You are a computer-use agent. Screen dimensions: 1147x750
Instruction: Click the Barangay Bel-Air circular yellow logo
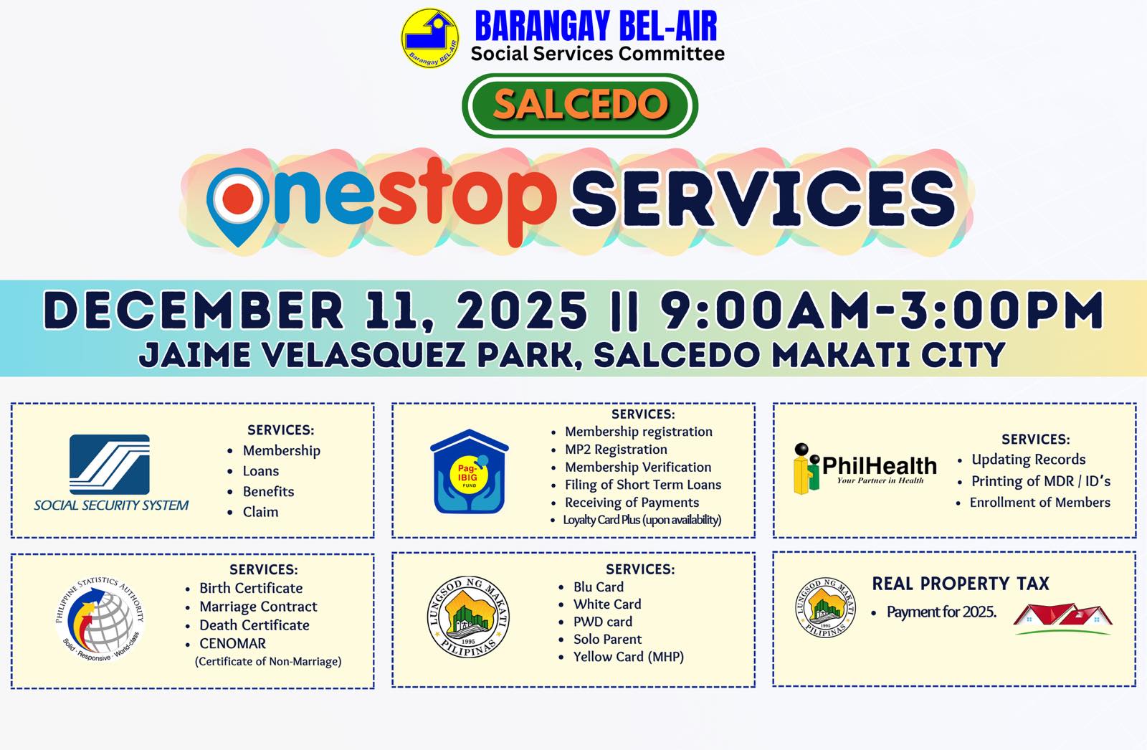point(430,38)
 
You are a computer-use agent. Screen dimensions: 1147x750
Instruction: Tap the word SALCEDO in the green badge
point(580,105)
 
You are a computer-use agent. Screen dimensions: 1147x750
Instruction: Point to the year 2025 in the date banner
point(522,310)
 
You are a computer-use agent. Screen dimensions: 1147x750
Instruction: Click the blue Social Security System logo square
point(110,465)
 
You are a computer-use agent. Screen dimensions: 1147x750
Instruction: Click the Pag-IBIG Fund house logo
point(470,471)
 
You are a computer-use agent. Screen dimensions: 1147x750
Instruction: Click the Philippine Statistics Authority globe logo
point(100,619)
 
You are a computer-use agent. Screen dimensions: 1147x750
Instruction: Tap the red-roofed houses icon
point(1062,619)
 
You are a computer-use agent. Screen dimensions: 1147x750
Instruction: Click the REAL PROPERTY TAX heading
point(961,584)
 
